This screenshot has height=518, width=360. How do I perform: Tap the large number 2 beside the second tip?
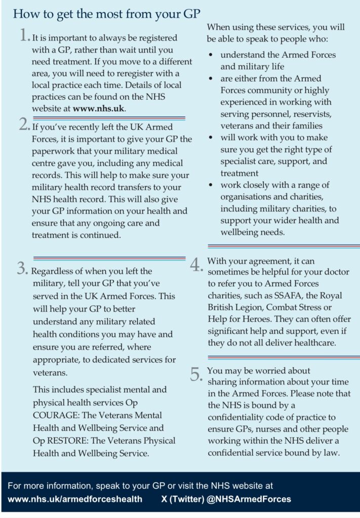point(24,125)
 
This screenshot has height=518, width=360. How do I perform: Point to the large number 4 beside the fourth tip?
point(196,265)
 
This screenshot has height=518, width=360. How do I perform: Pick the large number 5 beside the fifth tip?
point(196,374)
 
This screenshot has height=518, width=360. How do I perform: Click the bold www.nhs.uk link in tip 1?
point(98,108)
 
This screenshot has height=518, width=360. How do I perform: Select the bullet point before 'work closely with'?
point(210,186)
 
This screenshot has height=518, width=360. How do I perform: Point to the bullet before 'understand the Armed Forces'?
point(210,55)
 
